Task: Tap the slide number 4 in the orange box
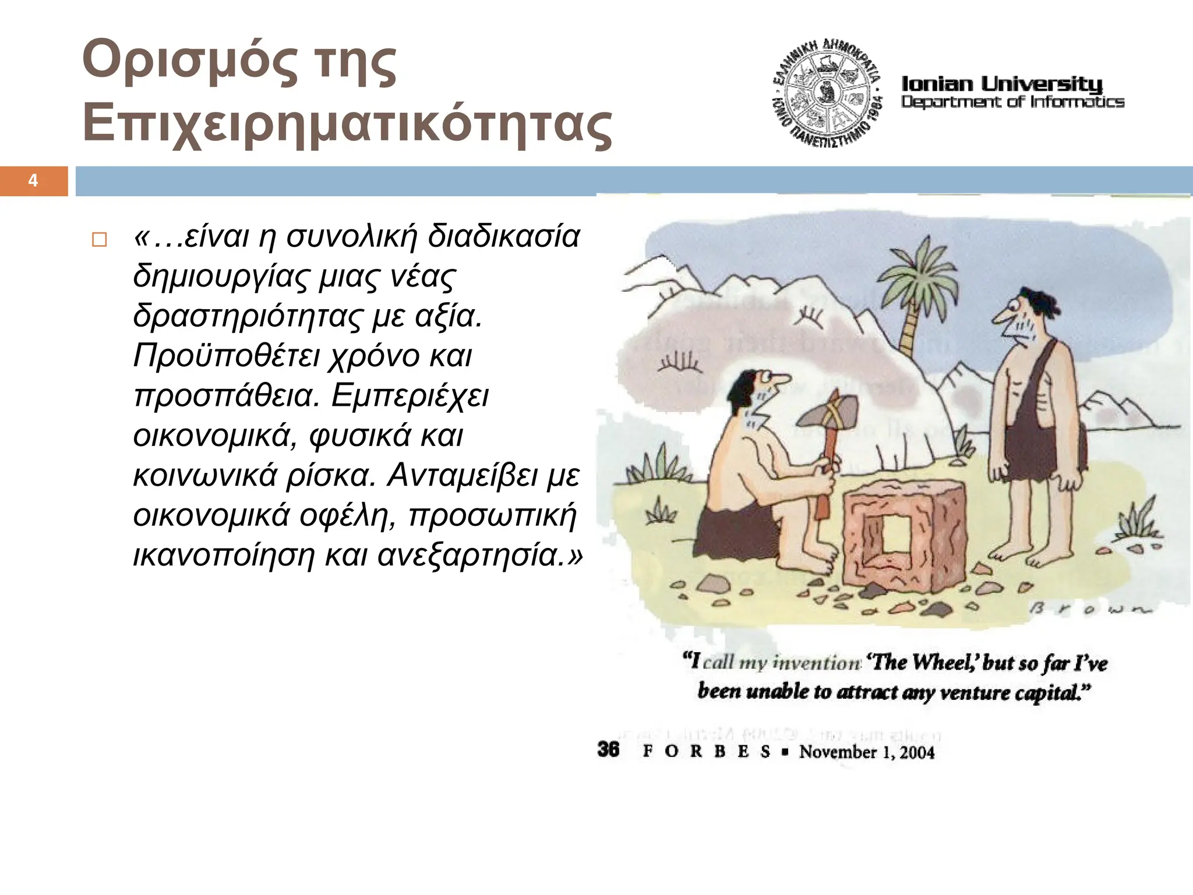point(33,181)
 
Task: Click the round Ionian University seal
point(827,93)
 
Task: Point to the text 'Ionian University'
point(1002,84)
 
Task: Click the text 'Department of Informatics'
point(1012,102)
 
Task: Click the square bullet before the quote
point(100,240)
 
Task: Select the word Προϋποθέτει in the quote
point(228,356)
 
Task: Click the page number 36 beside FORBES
point(608,749)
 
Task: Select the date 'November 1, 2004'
point(867,752)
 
